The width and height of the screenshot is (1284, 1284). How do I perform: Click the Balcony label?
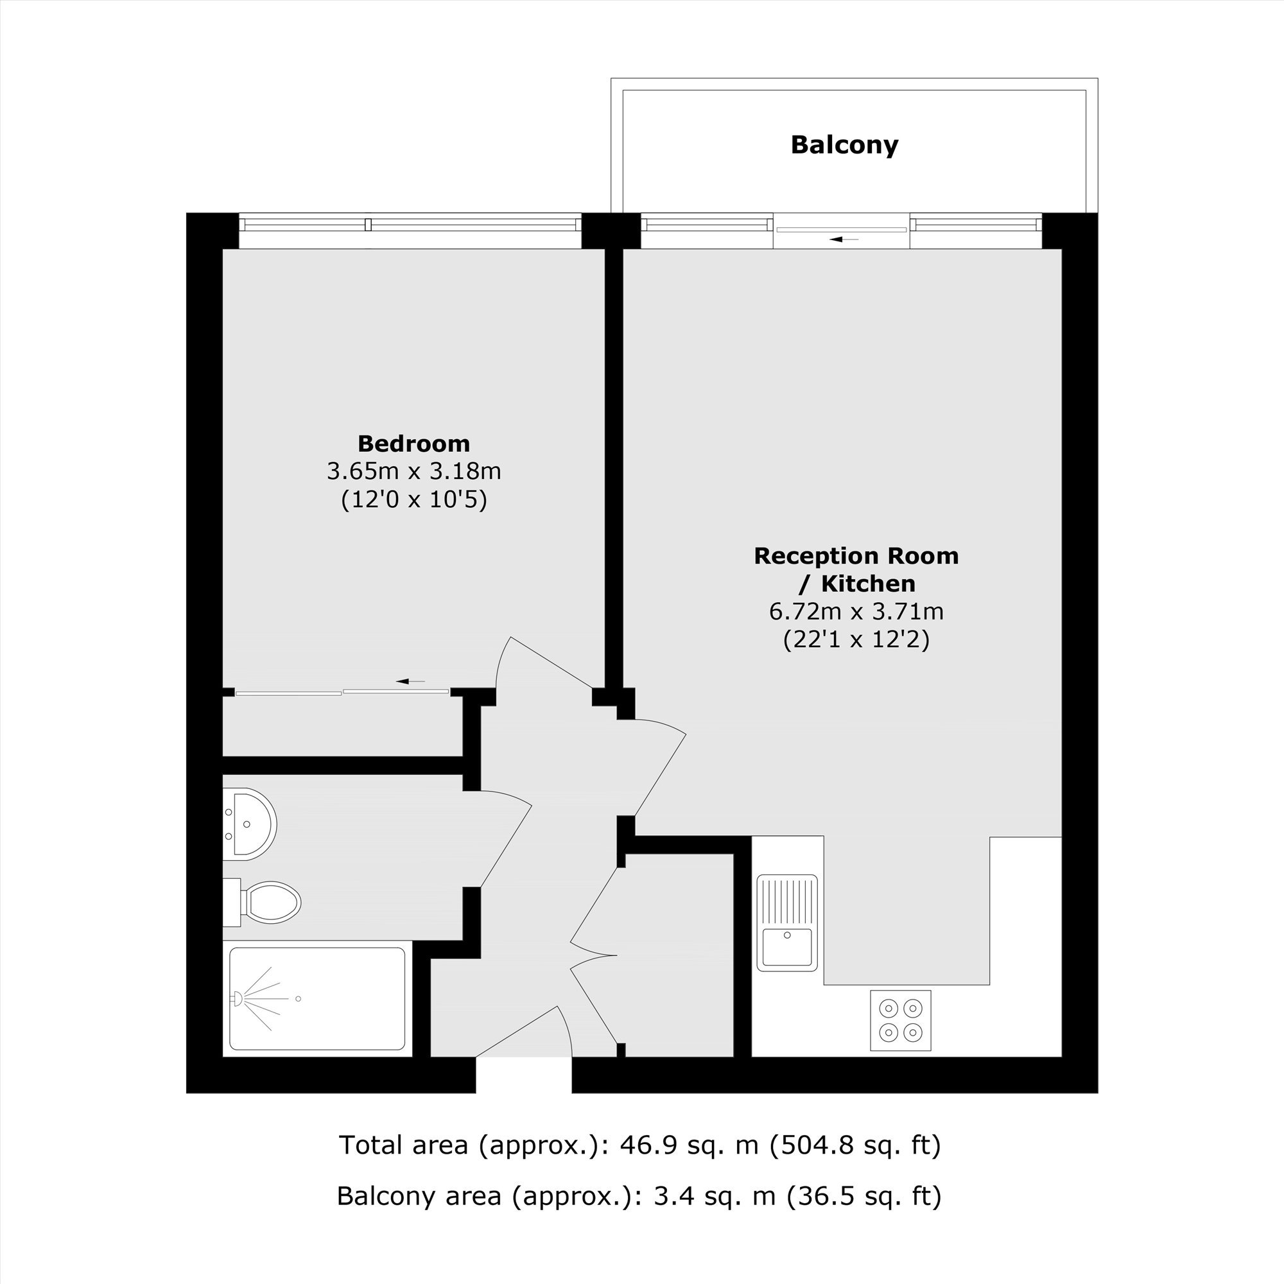click(844, 145)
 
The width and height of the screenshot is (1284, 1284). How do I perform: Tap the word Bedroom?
click(413, 443)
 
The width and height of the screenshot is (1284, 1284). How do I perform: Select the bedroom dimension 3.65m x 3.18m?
click(413, 471)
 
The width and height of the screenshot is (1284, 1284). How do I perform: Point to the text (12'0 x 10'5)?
click(413, 499)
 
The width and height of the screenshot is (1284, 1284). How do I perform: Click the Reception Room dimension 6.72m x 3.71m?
click(856, 611)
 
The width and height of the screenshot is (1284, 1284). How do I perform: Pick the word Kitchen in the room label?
click(868, 584)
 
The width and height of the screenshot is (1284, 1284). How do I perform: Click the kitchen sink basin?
click(787, 946)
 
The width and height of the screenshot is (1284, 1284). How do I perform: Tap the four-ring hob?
click(901, 1020)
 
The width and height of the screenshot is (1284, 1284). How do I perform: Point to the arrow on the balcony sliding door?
click(844, 239)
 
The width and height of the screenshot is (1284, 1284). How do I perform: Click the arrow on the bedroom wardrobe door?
click(410, 681)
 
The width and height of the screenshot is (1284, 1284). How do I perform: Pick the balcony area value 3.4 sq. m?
click(715, 1195)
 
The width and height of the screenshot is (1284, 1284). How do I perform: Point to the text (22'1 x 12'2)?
click(856, 639)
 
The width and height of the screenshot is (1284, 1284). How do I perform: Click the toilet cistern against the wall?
click(231, 903)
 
